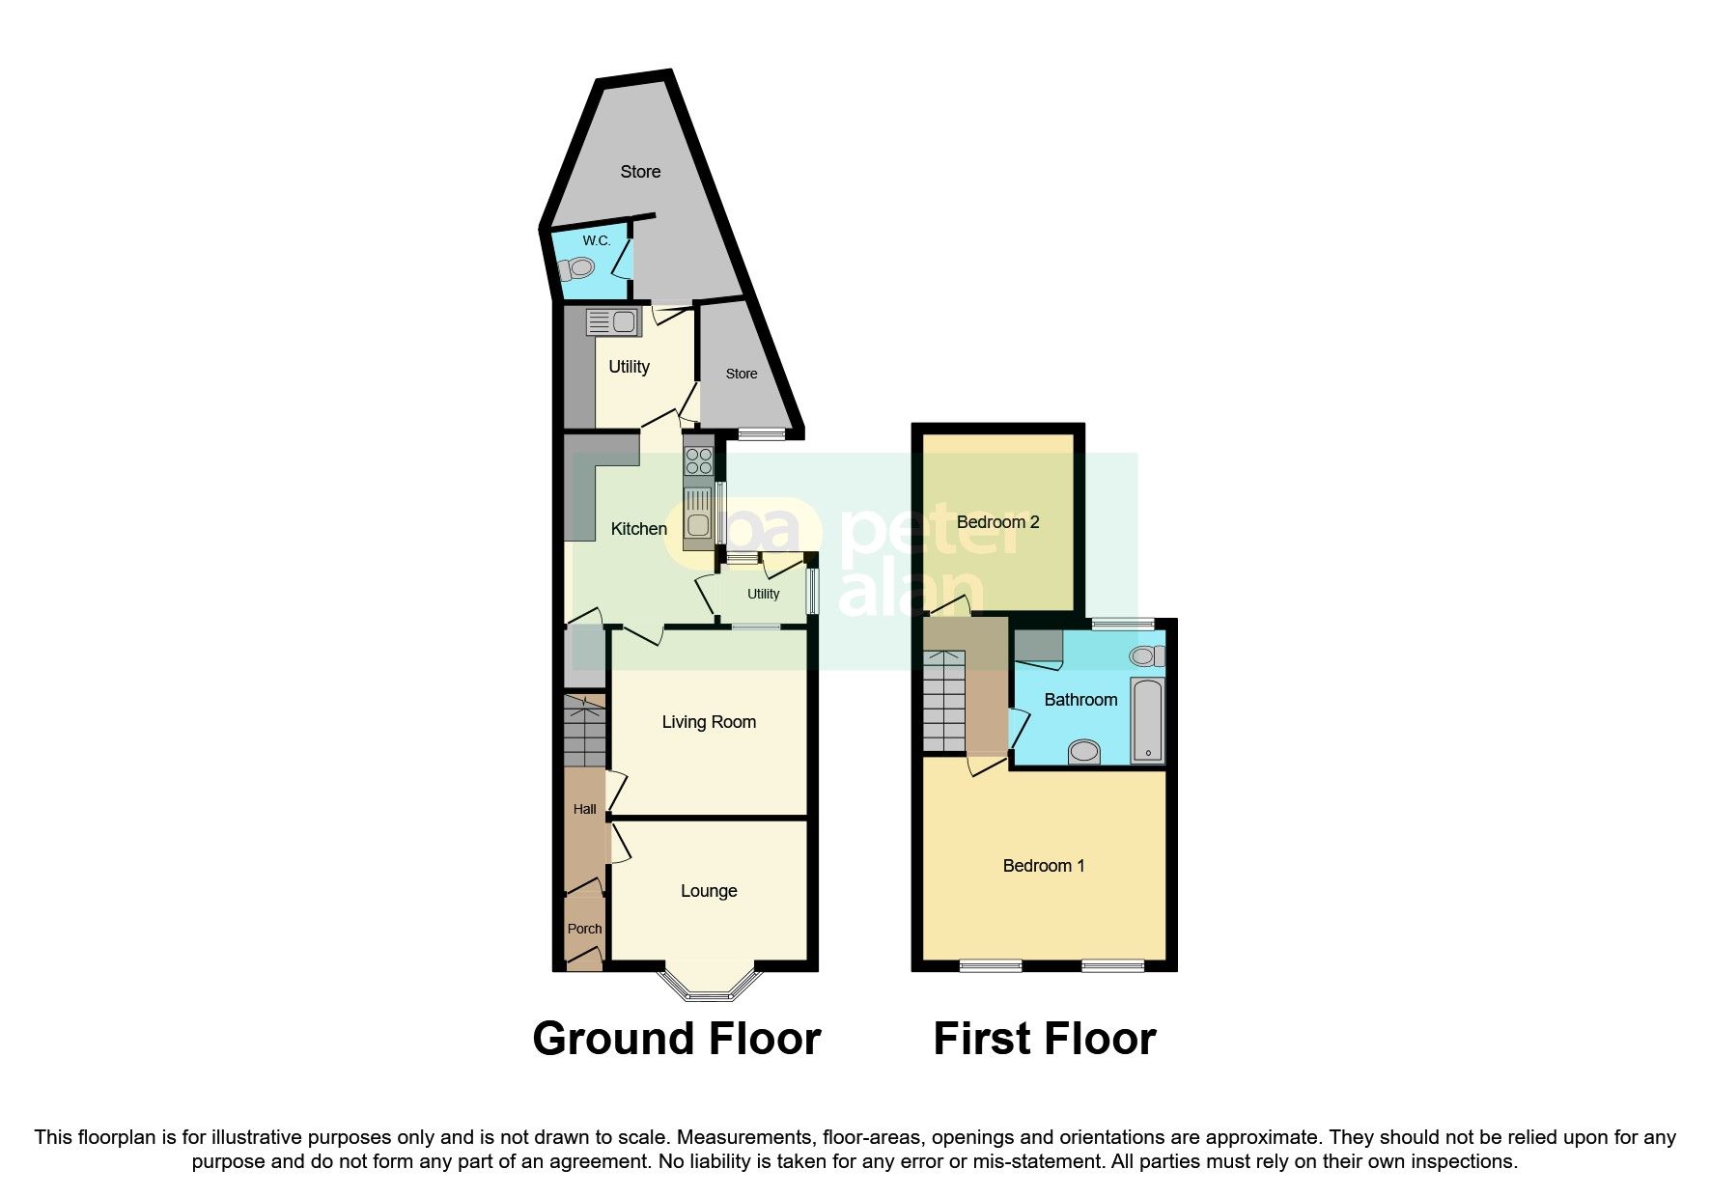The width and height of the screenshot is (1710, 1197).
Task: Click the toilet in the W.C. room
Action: pyautogui.click(x=577, y=267)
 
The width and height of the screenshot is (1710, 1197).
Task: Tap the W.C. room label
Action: pyautogui.click(x=596, y=240)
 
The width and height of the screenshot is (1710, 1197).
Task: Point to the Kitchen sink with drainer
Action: pyautogui.click(x=697, y=512)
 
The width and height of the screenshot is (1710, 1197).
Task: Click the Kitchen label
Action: pyautogui.click(x=638, y=529)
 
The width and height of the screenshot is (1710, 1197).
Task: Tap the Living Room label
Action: pyautogui.click(x=709, y=722)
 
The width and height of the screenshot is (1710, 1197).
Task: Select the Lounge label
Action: pyautogui.click(x=709, y=891)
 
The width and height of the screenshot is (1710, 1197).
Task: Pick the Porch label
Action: pyautogui.click(x=584, y=929)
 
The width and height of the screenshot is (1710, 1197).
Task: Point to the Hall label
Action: pyautogui.click(x=584, y=809)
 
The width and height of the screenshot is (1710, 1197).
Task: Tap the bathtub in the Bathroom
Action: pyautogui.click(x=1147, y=719)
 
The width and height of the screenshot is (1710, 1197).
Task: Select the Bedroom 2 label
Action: pyautogui.click(x=997, y=522)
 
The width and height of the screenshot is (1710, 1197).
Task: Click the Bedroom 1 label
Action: pyautogui.click(x=1043, y=866)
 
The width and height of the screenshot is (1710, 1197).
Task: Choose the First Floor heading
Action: pyautogui.click(x=1044, y=1039)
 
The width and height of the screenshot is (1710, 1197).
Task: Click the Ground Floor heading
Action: pyautogui.click(x=676, y=1039)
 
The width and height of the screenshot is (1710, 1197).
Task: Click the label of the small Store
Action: pyautogui.click(x=742, y=374)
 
